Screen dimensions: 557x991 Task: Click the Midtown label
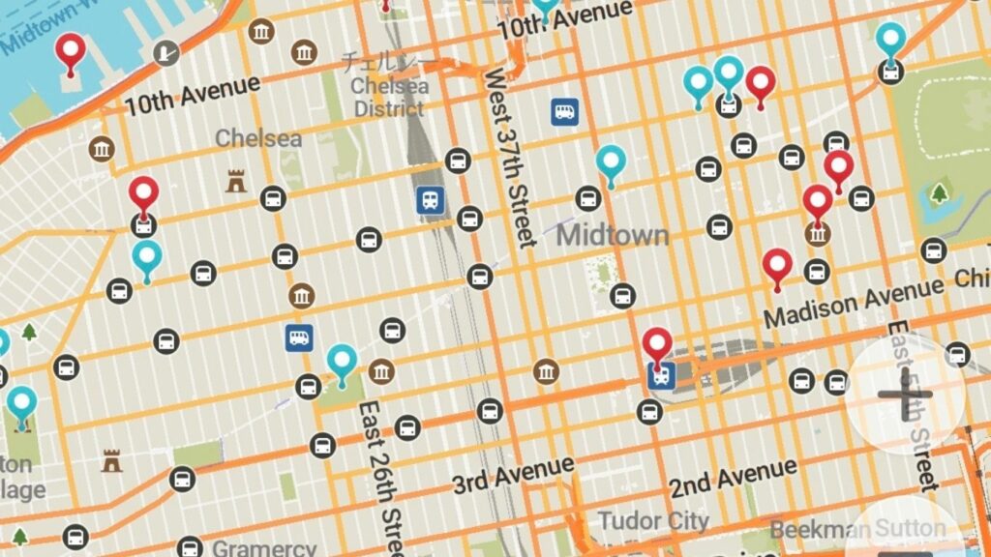[x=613, y=234]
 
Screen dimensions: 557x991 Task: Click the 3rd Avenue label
[x=514, y=474]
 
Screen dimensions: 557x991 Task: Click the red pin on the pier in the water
[x=70, y=51]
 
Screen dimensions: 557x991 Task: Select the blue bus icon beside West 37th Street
[x=565, y=112]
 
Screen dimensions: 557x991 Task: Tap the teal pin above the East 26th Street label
[x=342, y=361]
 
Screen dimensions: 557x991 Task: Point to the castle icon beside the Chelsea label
[x=235, y=180]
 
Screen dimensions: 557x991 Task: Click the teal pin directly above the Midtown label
[x=611, y=162]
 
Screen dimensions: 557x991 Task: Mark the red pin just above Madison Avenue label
[x=777, y=266]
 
